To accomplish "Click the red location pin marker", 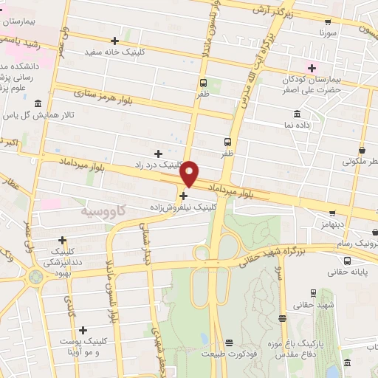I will click(x=190, y=173).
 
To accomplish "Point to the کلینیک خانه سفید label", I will click(x=114, y=52).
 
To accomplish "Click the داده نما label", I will click(x=297, y=126).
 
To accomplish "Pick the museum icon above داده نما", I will click(x=297, y=114).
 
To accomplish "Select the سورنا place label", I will click(x=329, y=33).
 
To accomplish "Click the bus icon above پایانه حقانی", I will click(x=347, y=260).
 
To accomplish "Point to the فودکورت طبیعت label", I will click(x=229, y=354).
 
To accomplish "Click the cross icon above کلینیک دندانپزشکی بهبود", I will click(x=62, y=240).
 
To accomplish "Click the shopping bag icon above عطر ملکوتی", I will click(x=362, y=148).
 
